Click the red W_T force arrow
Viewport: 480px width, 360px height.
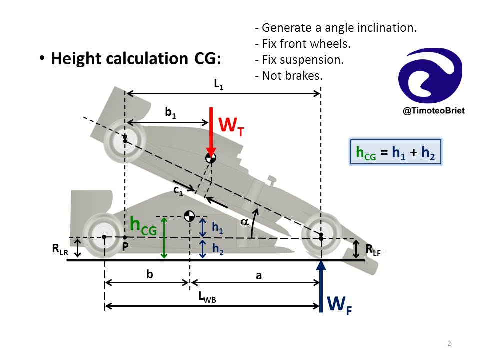point(211,131)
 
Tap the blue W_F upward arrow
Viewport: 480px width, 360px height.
point(321,286)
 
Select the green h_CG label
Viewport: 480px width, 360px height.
point(143,226)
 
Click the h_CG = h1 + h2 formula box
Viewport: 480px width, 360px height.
point(396,152)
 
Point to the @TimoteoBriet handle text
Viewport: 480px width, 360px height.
point(434,111)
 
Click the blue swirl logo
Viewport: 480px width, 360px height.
point(430,75)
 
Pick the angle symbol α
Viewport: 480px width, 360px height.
point(244,222)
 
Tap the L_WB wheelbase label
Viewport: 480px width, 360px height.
point(207,297)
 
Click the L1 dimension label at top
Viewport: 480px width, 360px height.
point(219,84)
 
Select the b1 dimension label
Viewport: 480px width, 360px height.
point(171,112)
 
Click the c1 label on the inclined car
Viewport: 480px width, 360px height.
point(178,191)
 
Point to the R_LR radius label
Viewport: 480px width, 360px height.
point(60,250)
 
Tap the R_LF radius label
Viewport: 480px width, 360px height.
point(373,250)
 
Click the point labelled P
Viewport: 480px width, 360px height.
point(125,237)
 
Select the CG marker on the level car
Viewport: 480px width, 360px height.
point(189,216)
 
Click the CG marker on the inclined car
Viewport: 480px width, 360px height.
point(211,158)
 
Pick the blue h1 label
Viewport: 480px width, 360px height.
point(217,228)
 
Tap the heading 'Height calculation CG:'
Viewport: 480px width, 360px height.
point(136,58)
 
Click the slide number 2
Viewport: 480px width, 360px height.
point(449,343)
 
